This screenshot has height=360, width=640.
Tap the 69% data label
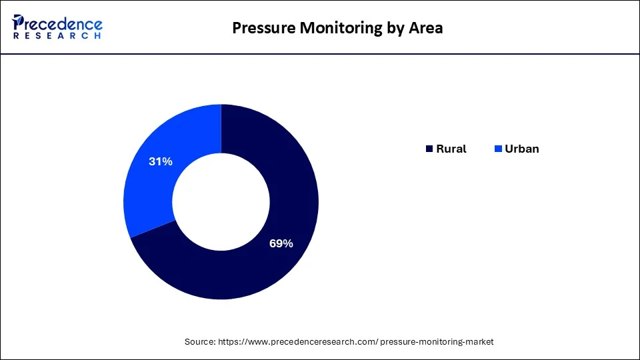[281, 244]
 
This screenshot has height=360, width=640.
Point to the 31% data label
[161, 161]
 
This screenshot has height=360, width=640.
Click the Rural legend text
[451, 149]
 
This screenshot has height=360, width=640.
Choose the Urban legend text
[521, 149]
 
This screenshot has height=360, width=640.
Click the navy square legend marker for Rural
[429, 149]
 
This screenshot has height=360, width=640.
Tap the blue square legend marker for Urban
[498, 149]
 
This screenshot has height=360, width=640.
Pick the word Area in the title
[427, 28]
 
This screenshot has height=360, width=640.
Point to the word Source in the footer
[199, 341]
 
